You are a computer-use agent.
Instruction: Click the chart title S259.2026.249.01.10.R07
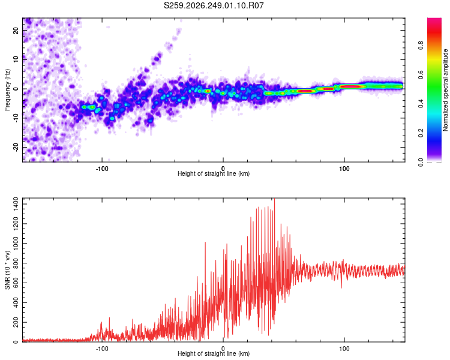pyautogui.click(x=214, y=5)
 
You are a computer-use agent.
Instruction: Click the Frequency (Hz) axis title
pyautogui.click(x=7, y=90)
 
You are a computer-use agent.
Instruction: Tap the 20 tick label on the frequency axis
pyautogui.click(x=16, y=30)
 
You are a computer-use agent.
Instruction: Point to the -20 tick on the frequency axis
pyautogui.click(x=16, y=147)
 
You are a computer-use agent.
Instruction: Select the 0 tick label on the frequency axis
pyautogui.click(x=16, y=89)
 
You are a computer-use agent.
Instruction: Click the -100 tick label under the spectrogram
pyautogui.click(x=101, y=169)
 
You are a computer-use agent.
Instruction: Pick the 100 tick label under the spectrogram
pyautogui.click(x=344, y=169)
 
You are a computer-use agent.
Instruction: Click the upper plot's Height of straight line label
pyautogui.click(x=214, y=173)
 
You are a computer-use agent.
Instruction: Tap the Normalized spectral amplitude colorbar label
pyautogui.click(x=445, y=90)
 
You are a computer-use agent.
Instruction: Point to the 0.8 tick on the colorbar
pyautogui.click(x=421, y=46)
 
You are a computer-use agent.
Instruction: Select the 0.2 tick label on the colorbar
pyautogui.click(x=421, y=133)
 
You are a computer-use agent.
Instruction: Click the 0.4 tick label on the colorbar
pyautogui.click(x=421, y=104)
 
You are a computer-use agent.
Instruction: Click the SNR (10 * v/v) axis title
pyautogui.click(x=7, y=270)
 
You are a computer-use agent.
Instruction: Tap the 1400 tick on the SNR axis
pyautogui.click(x=16, y=204)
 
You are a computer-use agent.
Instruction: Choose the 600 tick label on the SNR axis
pyautogui.click(x=16, y=283)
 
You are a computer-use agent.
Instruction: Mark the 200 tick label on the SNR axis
pyautogui.click(x=16, y=322)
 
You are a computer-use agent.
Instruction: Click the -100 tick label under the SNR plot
pyautogui.click(x=101, y=349)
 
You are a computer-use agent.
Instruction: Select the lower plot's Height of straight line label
pyautogui.click(x=214, y=353)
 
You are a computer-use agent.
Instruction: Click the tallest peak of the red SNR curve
pyautogui.click(x=275, y=199)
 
